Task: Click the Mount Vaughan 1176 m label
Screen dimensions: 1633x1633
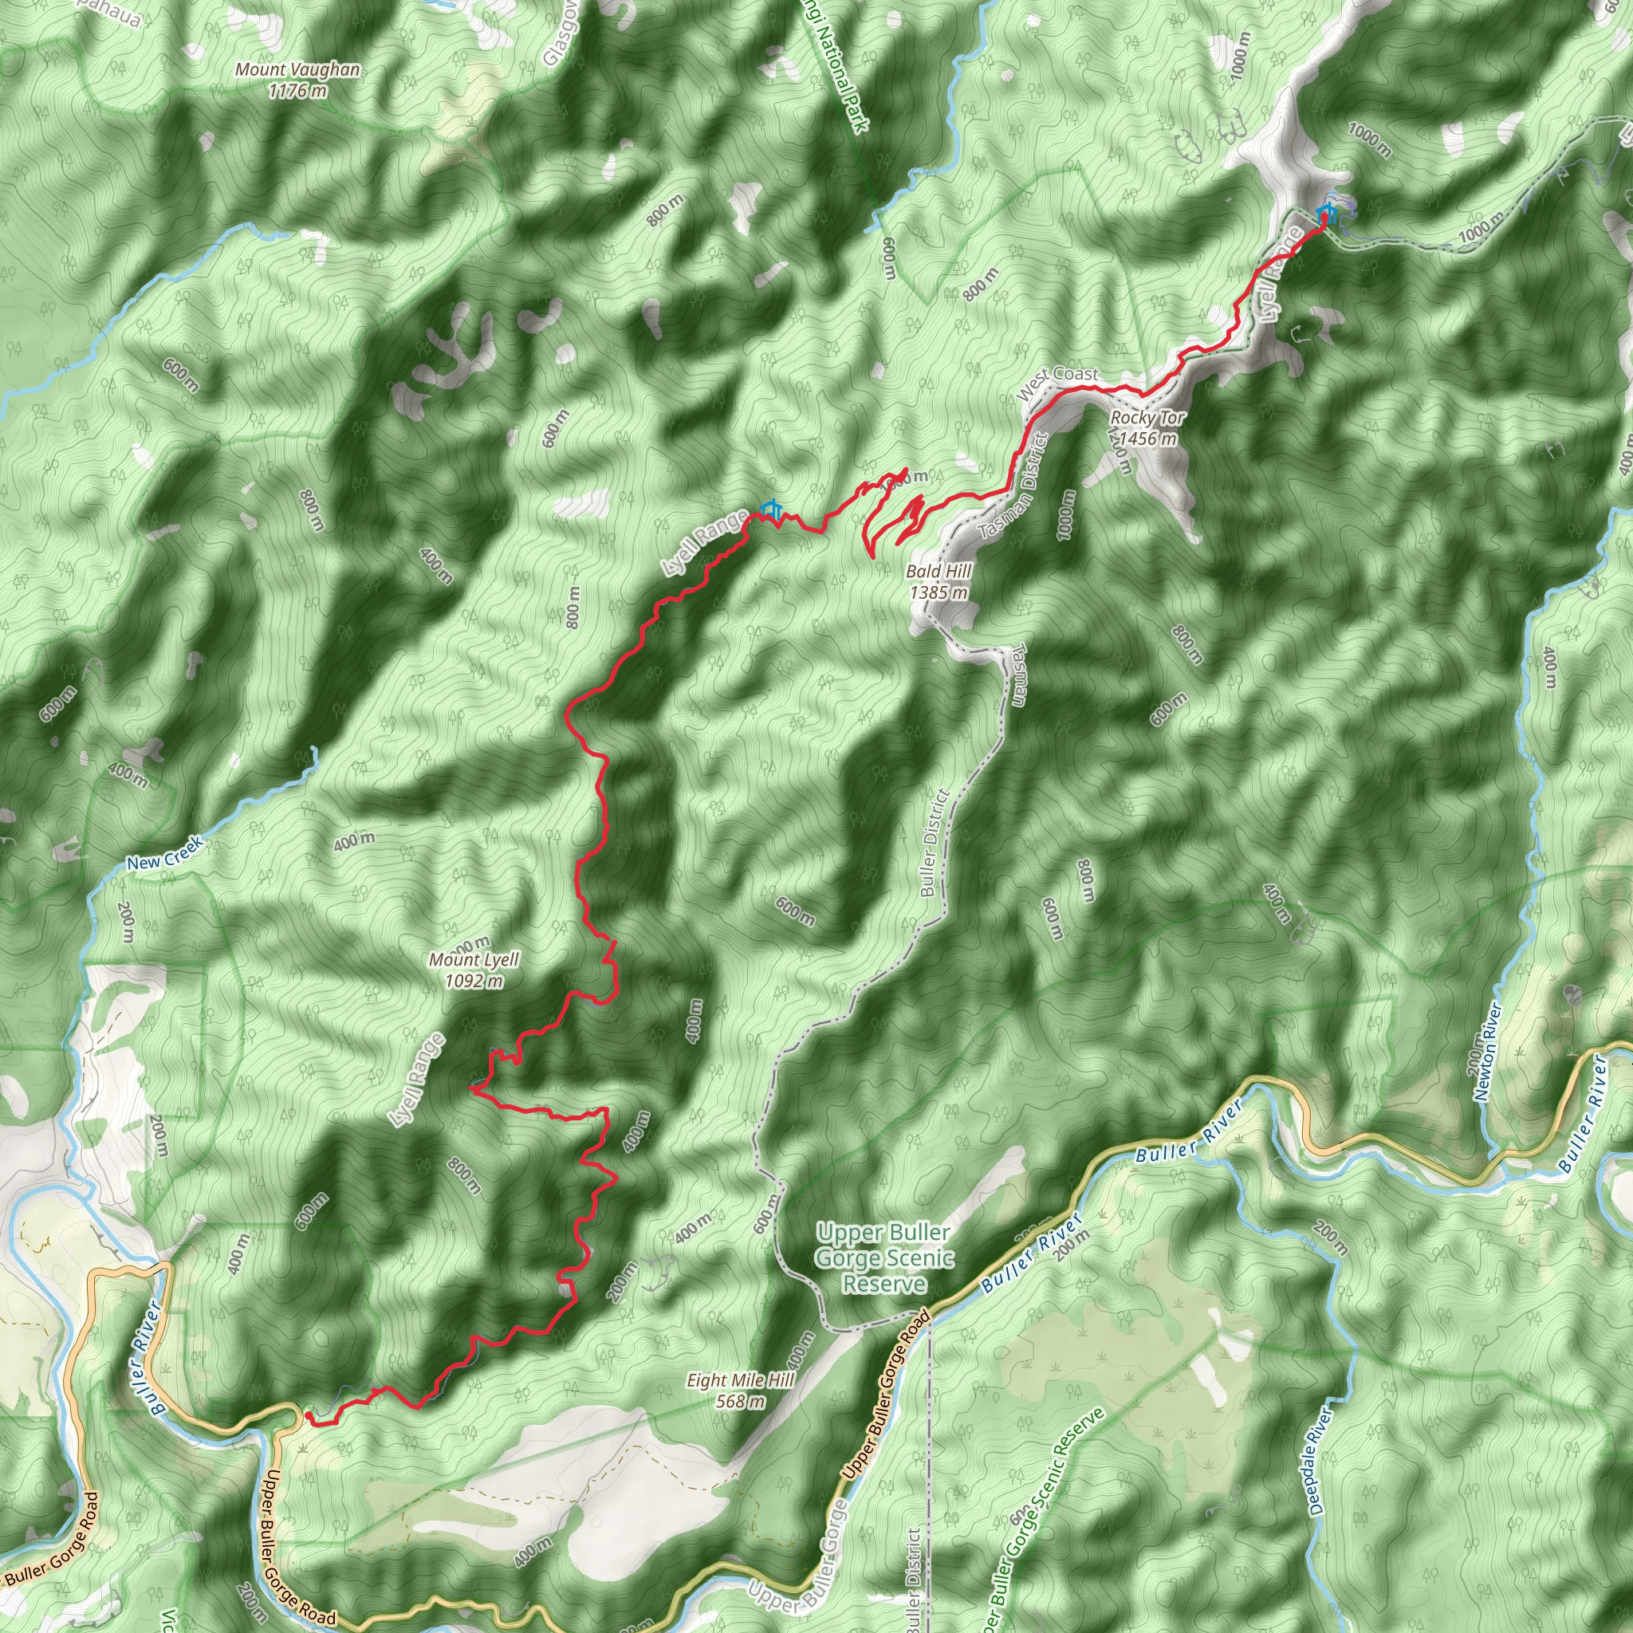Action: coord(297,81)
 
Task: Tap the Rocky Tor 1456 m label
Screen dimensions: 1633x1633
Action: coord(1147,427)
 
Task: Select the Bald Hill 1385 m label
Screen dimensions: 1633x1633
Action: coord(938,581)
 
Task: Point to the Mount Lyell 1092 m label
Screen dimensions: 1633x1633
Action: coord(474,970)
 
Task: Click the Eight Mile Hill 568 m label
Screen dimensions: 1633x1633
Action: coord(740,1391)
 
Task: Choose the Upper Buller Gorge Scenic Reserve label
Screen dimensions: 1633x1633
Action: coord(884,1257)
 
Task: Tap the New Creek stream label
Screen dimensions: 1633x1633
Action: coord(165,853)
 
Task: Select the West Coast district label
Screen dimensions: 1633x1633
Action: coord(1057,383)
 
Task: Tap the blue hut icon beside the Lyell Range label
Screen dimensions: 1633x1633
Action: coord(770,509)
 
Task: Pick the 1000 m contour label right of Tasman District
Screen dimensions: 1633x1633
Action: coord(1066,515)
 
